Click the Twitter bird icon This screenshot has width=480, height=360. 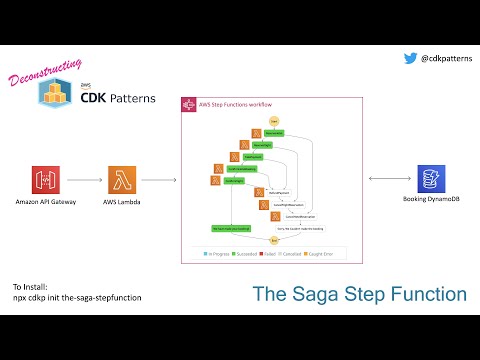tap(410, 58)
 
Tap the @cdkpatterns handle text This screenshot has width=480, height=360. tap(445, 59)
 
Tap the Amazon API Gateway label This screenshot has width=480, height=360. tap(47, 202)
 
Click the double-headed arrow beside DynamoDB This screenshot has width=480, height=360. tap(385, 180)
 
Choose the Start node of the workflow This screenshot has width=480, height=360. tap(273, 120)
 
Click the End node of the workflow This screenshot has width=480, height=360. tap(273, 241)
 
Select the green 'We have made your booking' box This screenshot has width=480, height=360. tap(230, 228)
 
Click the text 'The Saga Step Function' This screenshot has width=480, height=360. tap(359, 294)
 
